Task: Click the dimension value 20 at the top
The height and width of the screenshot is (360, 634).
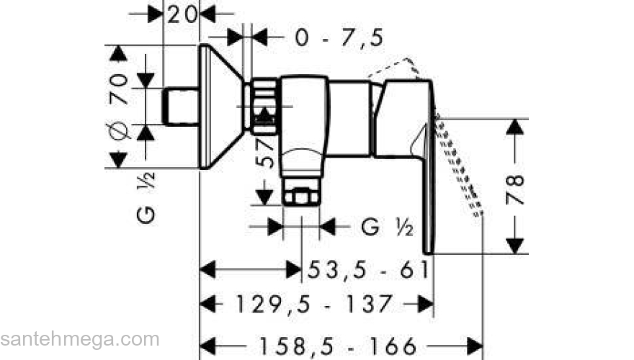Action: tap(182, 14)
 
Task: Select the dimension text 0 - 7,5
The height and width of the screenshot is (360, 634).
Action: tap(339, 37)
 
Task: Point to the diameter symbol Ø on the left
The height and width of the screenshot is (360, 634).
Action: tap(120, 131)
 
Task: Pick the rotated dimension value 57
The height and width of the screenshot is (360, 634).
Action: tap(267, 153)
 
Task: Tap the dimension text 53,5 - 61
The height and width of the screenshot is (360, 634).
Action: tap(368, 270)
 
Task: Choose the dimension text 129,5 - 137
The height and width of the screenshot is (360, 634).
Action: tap(314, 304)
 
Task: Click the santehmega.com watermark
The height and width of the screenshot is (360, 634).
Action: tap(79, 339)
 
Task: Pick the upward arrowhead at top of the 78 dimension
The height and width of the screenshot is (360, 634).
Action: tap(513, 127)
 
